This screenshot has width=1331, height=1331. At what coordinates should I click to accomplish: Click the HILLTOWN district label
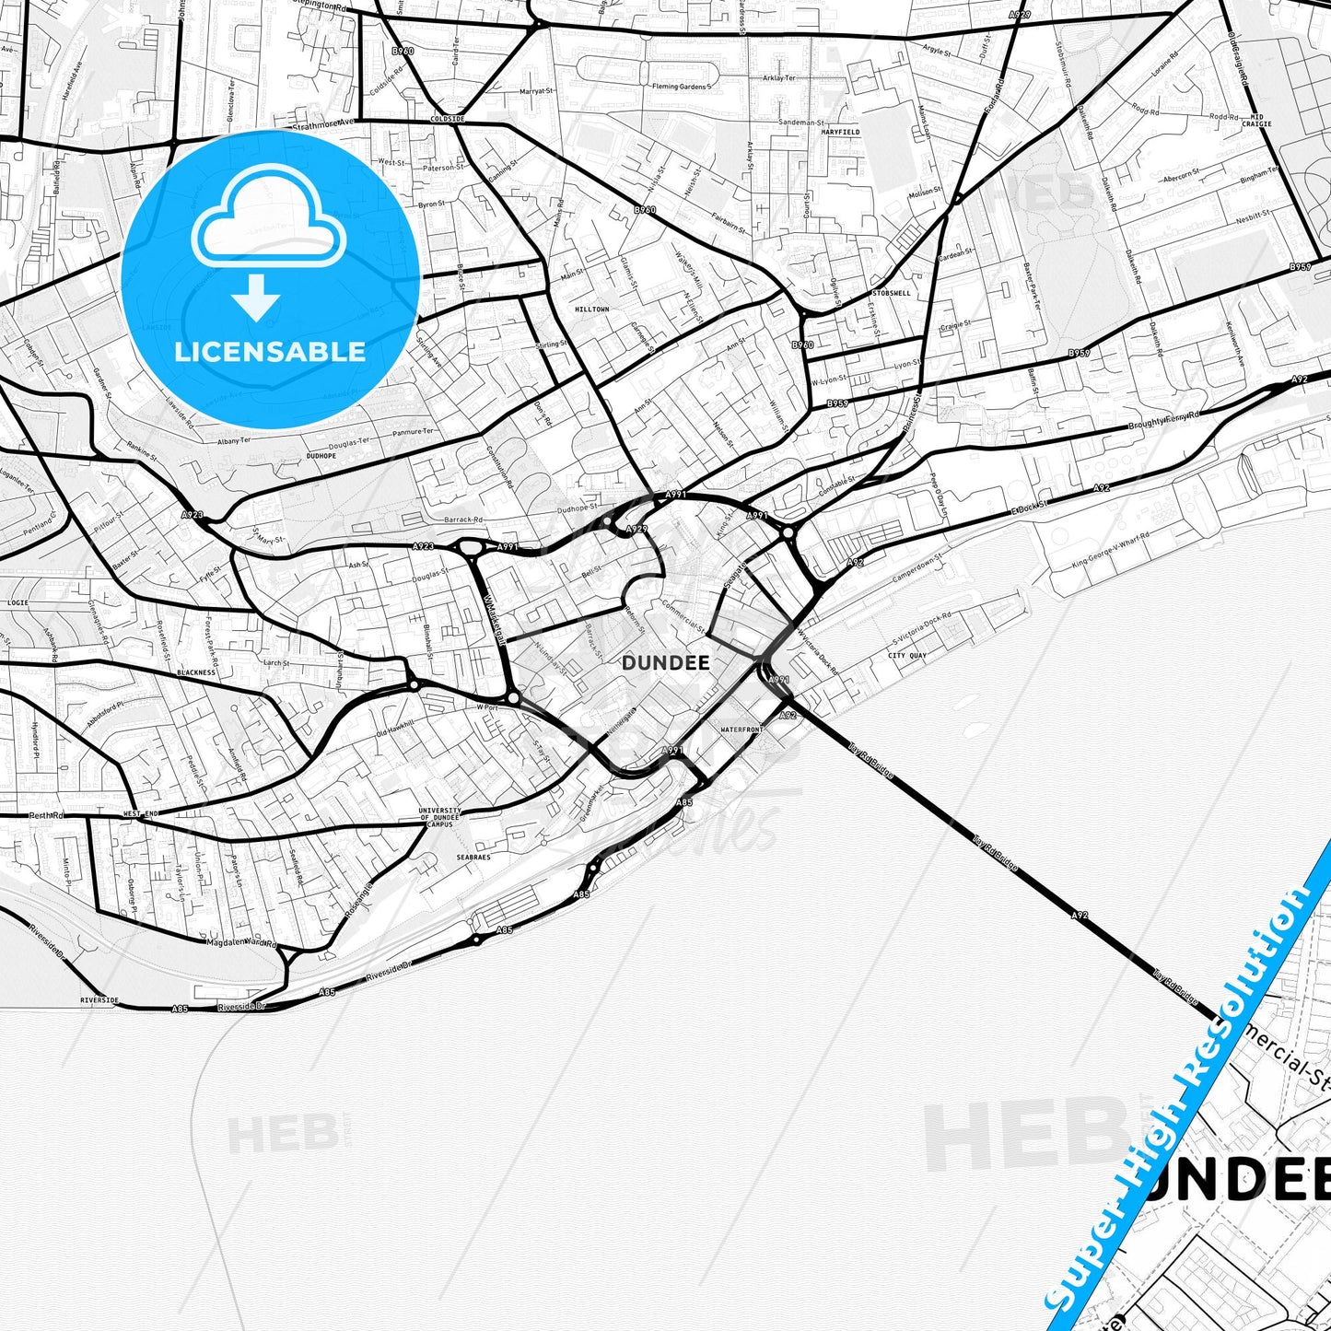click(x=592, y=309)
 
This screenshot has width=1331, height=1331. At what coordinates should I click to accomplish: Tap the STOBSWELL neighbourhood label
click(x=891, y=293)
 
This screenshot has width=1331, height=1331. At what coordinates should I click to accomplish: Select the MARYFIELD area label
click(x=840, y=133)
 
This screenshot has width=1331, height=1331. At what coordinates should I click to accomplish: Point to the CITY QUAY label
click(x=907, y=656)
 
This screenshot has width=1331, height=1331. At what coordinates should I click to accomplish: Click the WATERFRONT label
click(x=741, y=730)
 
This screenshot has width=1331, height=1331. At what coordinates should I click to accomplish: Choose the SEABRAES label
click(x=473, y=857)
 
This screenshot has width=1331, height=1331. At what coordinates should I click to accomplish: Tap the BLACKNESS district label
click(x=196, y=672)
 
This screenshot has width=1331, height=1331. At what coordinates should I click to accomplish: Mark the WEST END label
click(x=141, y=814)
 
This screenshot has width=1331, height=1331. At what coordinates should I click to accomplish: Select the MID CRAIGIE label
click(x=1256, y=121)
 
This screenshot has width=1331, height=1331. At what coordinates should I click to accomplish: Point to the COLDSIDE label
click(x=448, y=120)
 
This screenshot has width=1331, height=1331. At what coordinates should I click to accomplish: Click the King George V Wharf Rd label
click(x=1110, y=551)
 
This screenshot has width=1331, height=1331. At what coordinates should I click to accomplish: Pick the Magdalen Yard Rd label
click(x=241, y=943)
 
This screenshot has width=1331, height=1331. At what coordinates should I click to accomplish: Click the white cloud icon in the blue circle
click(x=269, y=221)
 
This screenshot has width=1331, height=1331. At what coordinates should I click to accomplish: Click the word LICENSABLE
click(x=270, y=351)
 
